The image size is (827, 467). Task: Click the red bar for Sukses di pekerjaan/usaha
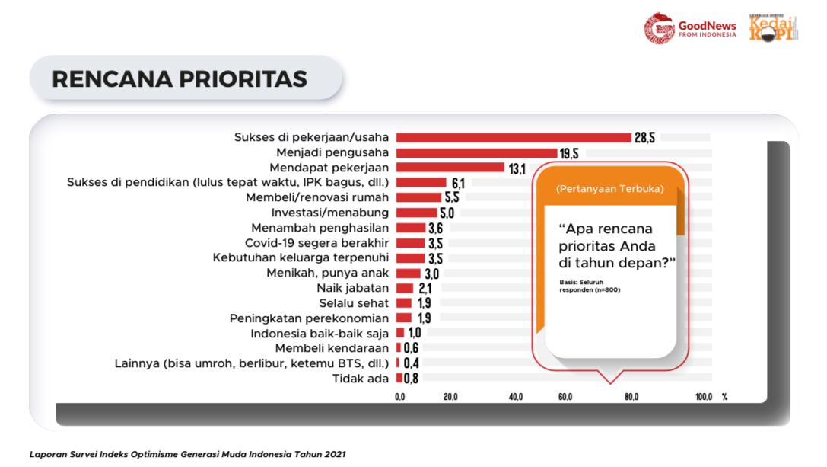(x=514, y=138)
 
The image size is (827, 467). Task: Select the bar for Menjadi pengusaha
(x=476, y=153)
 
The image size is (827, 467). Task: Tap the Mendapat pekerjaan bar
(x=450, y=168)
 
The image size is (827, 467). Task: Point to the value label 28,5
(x=645, y=138)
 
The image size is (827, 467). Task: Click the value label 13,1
(x=517, y=168)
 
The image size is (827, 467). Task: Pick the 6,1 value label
(x=458, y=183)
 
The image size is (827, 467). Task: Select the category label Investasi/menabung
(x=330, y=213)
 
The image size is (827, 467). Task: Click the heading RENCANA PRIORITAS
(x=180, y=79)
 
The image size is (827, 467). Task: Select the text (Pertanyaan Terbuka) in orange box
(x=609, y=188)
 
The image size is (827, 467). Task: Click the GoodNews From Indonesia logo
(x=691, y=28)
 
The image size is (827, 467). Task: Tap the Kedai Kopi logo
(x=773, y=28)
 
